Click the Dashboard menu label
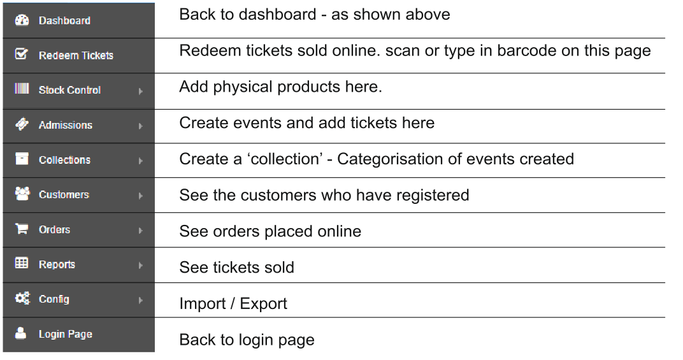tap(64, 20)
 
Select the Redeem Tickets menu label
tap(76, 55)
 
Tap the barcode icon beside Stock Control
tap(22, 89)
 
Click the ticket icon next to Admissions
tap(22, 124)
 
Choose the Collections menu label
tap(64, 160)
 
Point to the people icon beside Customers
tap(22, 193)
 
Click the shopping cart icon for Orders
tap(22, 228)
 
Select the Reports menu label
tap(57, 264)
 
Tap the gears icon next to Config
tap(22, 298)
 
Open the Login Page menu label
tap(66, 335)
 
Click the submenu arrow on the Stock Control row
tap(140, 91)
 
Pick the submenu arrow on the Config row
tap(140, 300)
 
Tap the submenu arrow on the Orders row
tap(140, 231)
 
